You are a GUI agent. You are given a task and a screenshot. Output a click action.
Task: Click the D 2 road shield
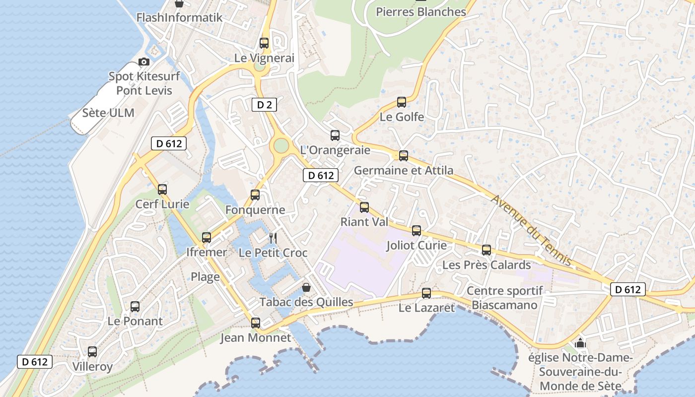264,105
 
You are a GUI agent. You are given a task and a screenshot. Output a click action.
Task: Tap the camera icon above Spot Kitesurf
144,62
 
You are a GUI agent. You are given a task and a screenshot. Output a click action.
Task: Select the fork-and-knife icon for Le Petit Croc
273,238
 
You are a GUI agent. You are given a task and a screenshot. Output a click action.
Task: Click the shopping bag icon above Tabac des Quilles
306,287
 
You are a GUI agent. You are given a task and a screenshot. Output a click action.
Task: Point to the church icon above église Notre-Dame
580,343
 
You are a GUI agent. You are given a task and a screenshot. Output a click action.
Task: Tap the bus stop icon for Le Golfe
402,103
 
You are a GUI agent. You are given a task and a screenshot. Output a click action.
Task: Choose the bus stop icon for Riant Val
364,207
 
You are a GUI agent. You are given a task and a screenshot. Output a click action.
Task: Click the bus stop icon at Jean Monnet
255,323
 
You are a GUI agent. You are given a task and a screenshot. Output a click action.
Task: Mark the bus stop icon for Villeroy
92,352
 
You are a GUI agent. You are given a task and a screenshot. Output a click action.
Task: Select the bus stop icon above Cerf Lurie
162,189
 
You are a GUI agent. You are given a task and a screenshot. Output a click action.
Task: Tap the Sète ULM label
108,113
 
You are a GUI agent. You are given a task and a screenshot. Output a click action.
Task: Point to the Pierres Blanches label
421,11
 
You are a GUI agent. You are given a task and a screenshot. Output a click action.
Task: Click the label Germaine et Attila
403,170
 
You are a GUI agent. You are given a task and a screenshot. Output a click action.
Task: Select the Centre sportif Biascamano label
504,298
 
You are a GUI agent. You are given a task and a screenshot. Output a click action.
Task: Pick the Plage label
205,277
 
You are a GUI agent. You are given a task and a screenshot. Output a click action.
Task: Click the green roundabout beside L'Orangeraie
281,146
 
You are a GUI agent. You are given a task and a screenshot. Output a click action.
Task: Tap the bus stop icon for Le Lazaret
426,293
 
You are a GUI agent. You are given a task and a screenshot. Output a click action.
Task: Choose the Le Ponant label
135,321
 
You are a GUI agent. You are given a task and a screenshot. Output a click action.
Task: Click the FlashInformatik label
179,17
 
